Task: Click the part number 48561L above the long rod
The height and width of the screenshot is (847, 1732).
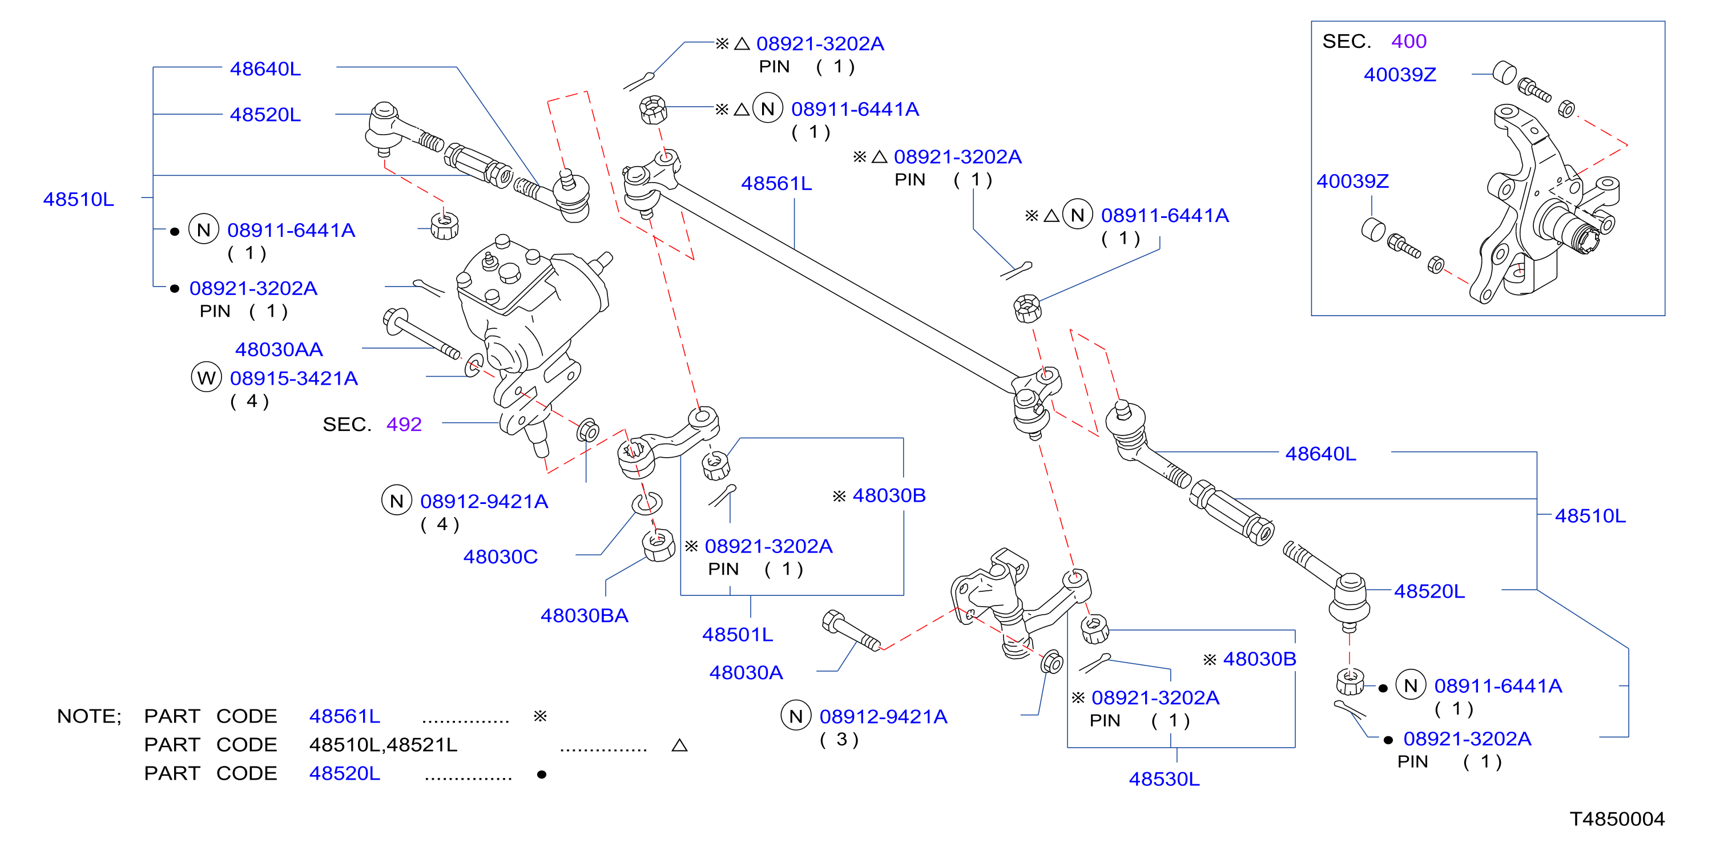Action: point(776,184)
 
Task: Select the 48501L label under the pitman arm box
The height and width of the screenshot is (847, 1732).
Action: point(738,635)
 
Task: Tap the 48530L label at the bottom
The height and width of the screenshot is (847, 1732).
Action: point(1164,779)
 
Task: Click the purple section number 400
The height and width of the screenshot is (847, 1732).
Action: point(1408,42)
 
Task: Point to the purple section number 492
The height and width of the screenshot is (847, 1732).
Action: point(404,424)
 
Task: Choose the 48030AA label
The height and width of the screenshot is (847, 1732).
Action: point(279,349)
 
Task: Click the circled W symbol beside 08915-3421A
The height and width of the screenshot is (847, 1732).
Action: point(207,377)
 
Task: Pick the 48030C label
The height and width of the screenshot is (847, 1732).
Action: point(500,556)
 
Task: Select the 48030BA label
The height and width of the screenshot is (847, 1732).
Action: point(585,616)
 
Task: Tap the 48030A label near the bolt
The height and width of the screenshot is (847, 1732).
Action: point(746,672)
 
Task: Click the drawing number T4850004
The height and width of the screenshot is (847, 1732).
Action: point(1617,819)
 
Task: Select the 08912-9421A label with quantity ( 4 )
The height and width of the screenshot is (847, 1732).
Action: point(484,502)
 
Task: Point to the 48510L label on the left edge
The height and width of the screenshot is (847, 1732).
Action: point(79,200)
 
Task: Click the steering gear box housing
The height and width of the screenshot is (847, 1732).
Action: point(531,322)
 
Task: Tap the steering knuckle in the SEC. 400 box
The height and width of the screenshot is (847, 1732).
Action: point(1546,201)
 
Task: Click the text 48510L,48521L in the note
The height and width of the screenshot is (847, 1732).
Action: point(382,745)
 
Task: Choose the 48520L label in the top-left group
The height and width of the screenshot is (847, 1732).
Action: point(265,115)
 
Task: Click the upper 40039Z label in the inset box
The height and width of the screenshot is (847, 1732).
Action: point(1400,75)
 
